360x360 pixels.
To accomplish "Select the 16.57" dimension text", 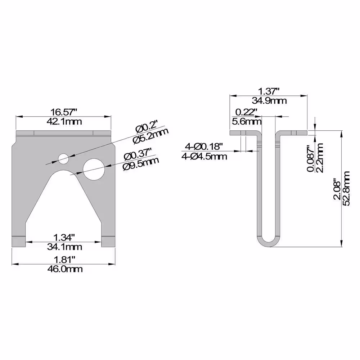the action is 64,112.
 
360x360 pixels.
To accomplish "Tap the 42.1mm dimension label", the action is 64,121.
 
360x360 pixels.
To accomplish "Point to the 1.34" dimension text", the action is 64,237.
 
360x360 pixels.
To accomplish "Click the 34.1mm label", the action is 64,247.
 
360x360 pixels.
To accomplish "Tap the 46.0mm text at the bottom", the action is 65,269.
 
